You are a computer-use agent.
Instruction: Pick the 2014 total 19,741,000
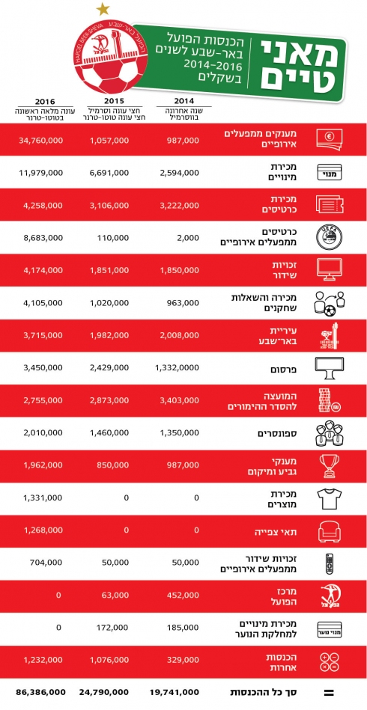178,693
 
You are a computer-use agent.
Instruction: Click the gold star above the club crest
103,8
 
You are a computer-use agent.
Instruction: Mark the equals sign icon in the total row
330,693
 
